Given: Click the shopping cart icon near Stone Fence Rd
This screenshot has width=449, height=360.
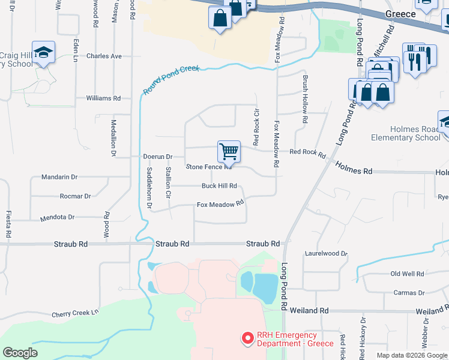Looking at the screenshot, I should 229,152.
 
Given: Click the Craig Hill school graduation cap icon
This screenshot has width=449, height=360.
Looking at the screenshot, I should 43,53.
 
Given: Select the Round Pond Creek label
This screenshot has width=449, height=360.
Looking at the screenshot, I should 170,80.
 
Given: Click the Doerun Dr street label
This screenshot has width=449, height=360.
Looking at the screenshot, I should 158,157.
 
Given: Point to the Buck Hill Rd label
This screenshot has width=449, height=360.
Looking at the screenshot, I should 219,186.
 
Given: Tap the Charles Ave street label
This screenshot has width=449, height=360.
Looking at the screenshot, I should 104,56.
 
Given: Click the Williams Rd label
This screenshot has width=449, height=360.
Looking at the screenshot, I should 103,98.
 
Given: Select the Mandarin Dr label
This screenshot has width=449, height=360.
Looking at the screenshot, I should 59,177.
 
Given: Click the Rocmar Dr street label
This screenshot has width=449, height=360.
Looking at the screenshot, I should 75,196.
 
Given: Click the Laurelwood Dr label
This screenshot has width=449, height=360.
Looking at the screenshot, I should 326,254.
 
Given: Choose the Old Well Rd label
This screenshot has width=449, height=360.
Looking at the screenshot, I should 407,274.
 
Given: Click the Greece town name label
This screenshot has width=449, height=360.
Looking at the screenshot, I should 400,13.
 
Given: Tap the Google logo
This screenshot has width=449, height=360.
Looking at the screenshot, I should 20,353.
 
